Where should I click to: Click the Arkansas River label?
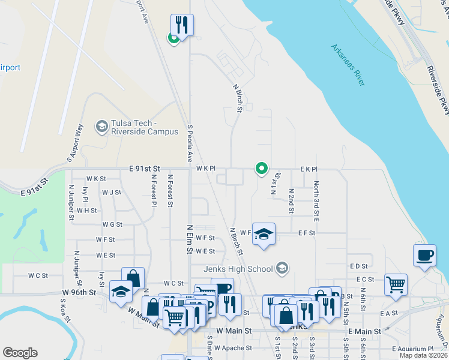click(349, 65)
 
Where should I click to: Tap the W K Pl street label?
click(205, 169)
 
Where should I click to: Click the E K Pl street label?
click(309, 169)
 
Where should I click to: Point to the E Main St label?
click(364, 331)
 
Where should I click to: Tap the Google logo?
click(20, 353)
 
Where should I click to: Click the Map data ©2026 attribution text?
click(424, 355)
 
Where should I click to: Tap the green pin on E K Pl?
click(261, 169)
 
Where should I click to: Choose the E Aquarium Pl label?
click(412, 349)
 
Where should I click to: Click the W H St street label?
click(87, 211)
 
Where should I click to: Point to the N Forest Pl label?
click(154, 190)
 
